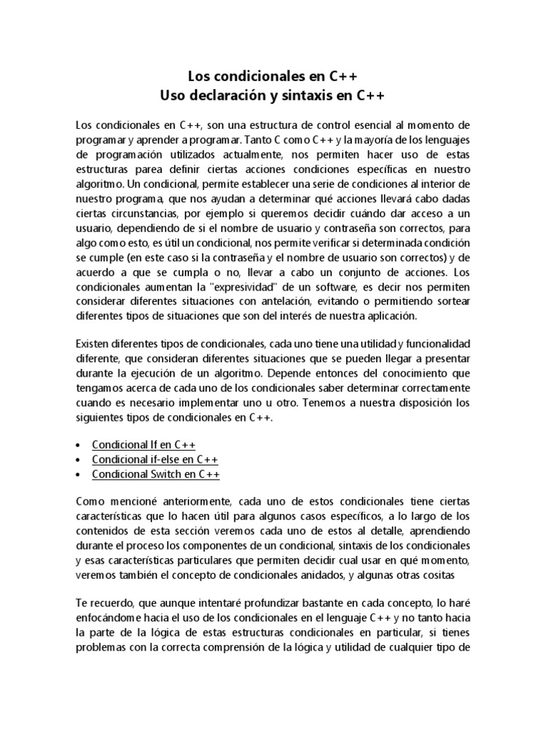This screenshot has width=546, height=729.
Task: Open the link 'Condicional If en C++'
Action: click(x=144, y=446)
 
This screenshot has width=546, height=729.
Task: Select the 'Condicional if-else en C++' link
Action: click(x=154, y=460)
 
